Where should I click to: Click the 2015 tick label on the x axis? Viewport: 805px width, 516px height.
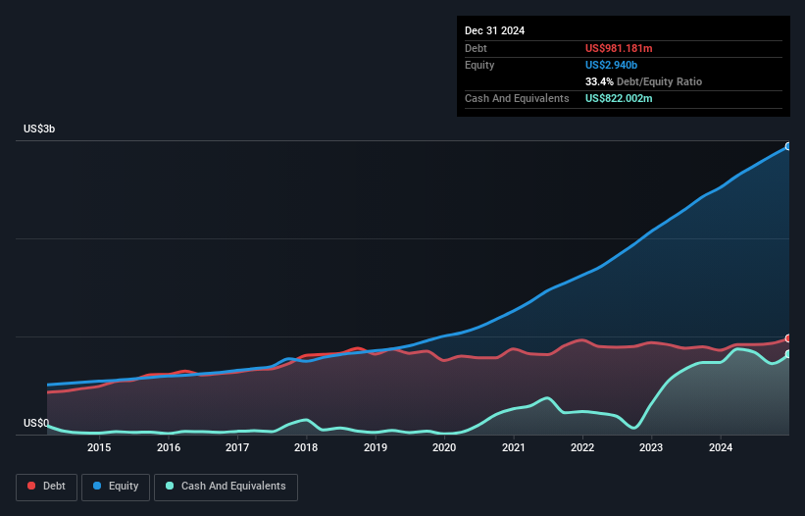click(99, 448)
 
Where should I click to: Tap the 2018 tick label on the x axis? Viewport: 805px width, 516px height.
click(306, 448)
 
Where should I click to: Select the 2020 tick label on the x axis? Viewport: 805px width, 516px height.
click(444, 448)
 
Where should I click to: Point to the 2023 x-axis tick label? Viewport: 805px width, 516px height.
click(650, 448)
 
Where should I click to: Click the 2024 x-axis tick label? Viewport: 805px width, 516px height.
click(720, 448)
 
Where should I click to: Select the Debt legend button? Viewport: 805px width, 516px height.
click(45, 487)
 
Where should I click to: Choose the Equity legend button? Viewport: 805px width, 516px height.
click(116, 487)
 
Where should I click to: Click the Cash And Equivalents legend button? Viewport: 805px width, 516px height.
click(226, 487)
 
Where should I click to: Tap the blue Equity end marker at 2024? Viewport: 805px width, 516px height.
click(788, 146)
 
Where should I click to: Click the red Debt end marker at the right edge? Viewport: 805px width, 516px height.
click(788, 338)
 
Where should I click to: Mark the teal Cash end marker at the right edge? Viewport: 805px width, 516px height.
click(788, 354)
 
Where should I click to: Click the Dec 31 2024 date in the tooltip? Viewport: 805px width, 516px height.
click(494, 30)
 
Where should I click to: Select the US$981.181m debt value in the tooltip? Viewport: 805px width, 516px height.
click(625, 48)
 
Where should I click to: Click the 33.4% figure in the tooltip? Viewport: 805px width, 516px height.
click(600, 81)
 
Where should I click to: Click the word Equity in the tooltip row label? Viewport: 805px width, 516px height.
click(479, 65)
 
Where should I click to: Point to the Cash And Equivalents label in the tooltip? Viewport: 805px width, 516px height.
click(517, 98)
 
